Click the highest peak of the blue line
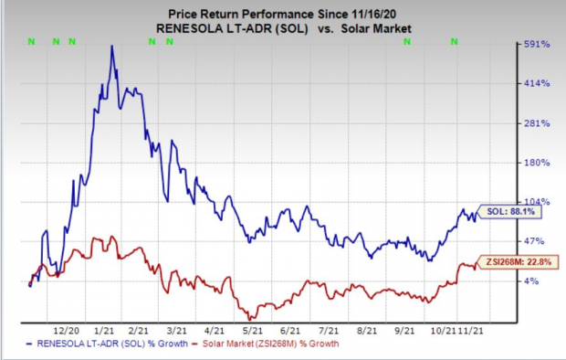tap(111, 46)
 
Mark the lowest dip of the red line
tap(248, 317)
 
